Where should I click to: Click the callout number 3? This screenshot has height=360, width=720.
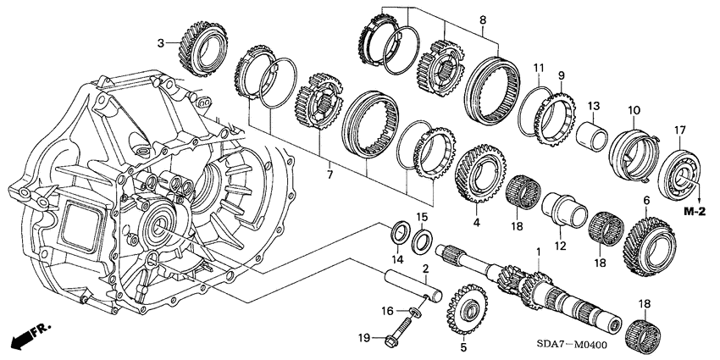pos(160,42)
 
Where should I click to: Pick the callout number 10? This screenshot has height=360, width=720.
pos(633,109)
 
